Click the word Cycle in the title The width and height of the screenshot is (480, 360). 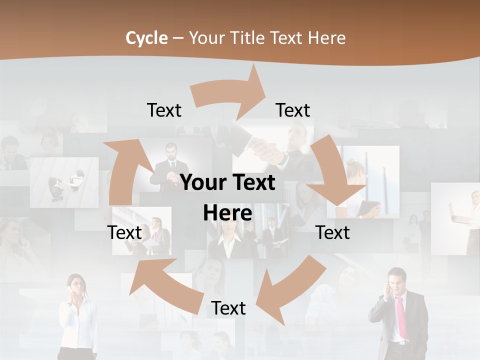point(146,38)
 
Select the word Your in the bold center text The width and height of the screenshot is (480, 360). point(203,183)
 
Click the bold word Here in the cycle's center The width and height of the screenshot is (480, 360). point(227,213)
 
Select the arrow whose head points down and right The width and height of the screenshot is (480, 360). point(333,180)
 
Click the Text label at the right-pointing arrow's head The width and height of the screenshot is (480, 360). point(293,110)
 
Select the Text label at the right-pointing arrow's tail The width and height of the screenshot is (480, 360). point(164,110)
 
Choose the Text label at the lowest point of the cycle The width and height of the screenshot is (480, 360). point(228,308)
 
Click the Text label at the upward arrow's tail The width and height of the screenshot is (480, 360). point(124,232)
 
